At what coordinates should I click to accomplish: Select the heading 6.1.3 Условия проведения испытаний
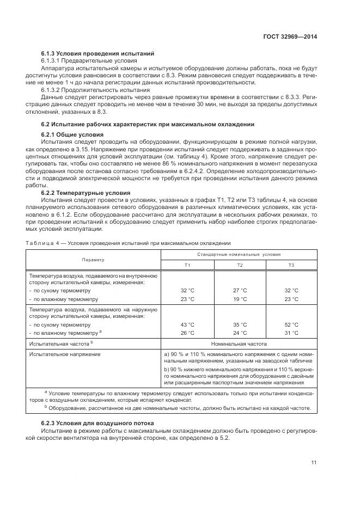(x=98, y=53)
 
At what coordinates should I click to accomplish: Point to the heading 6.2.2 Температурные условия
(x=86, y=193)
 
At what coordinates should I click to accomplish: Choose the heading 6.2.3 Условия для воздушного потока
(x=97, y=422)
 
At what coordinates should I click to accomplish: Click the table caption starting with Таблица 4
(x=128, y=243)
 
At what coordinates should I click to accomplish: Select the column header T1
(x=187, y=265)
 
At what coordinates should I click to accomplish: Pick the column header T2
(x=240, y=265)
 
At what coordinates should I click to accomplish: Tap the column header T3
(x=291, y=265)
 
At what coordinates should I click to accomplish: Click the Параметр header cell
(x=93, y=260)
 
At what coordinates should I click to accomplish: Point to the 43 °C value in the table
(x=187, y=324)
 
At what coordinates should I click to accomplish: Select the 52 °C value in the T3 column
(x=291, y=324)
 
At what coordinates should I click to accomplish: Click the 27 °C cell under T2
(x=240, y=291)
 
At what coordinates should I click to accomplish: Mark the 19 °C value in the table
(x=240, y=299)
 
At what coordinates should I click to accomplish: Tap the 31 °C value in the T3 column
(x=291, y=333)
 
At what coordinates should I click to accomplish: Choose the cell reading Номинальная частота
(x=239, y=344)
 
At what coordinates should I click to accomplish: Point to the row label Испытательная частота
(x=62, y=344)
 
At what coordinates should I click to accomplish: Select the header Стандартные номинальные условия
(x=239, y=254)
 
